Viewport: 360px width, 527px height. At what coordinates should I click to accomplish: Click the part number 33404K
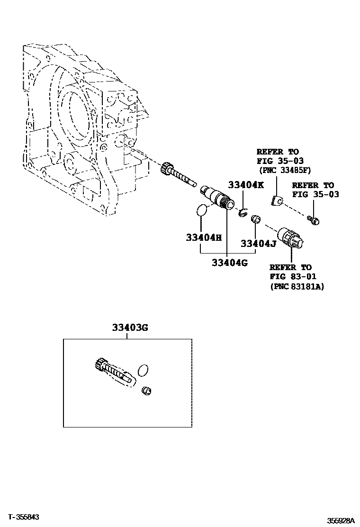pyautogui.click(x=246, y=184)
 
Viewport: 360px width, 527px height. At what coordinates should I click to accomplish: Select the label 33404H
pyautogui.click(x=204, y=237)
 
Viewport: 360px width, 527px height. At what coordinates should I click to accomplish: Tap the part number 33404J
pyautogui.click(x=258, y=243)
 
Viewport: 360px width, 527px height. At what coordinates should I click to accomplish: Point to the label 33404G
pyautogui.click(x=230, y=263)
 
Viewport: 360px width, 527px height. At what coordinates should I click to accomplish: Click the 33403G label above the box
pyautogui.click(x=130, y=327)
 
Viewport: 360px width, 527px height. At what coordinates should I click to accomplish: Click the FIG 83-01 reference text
pyautogui.click(x=293, y=277)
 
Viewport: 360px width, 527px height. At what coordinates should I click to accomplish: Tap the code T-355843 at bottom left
pyautogui.click(x=23, y=517)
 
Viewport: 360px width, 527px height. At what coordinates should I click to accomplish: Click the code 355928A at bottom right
pyautogui.click(x=341, y=521)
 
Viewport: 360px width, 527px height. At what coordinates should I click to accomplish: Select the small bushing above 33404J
pyautogui.click(x=256, y=218)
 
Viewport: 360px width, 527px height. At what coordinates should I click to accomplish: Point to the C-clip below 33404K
pyautogui.click(x=243, y=212)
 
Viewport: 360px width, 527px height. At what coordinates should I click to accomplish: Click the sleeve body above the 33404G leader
pyautogui.click(x=217, y=197)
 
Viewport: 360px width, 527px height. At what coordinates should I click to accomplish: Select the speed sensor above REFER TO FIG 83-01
pyautogui.click(x=291, y=238)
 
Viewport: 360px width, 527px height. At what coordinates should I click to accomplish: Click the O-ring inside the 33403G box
pyautogui.click(x=143, y=370)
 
